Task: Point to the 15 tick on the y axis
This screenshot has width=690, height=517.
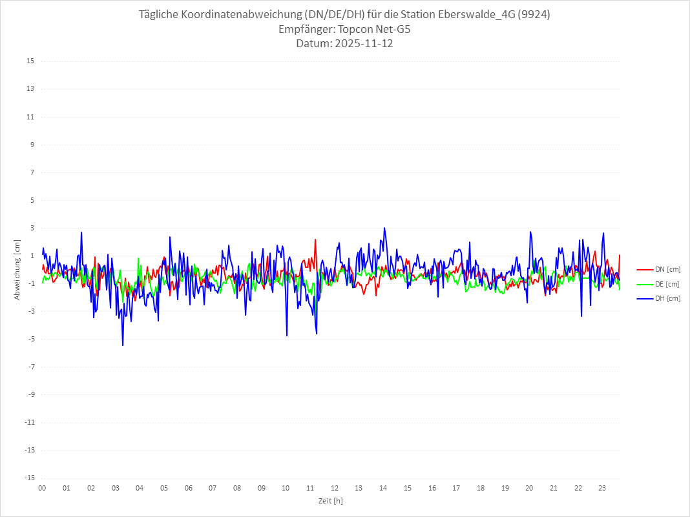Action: (30, 61)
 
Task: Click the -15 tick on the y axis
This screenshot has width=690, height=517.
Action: (29, 478)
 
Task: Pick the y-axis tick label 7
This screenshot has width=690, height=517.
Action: (32, 172)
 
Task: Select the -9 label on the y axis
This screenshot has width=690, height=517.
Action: (30, 395)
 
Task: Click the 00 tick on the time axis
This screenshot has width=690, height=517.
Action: (42, 488)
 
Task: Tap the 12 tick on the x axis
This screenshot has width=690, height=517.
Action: (335, 488)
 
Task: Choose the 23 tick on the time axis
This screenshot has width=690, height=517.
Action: (602, 488)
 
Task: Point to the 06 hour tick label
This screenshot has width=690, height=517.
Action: (188, 488)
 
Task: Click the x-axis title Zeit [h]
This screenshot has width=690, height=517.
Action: (331, 500)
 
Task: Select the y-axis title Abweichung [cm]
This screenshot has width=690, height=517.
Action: (17, 269)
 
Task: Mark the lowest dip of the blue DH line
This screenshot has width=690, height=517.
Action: (123, 345)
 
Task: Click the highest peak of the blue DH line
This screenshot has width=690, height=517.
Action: (384, 228)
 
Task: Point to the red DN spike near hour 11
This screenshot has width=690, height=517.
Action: (315, 239)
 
